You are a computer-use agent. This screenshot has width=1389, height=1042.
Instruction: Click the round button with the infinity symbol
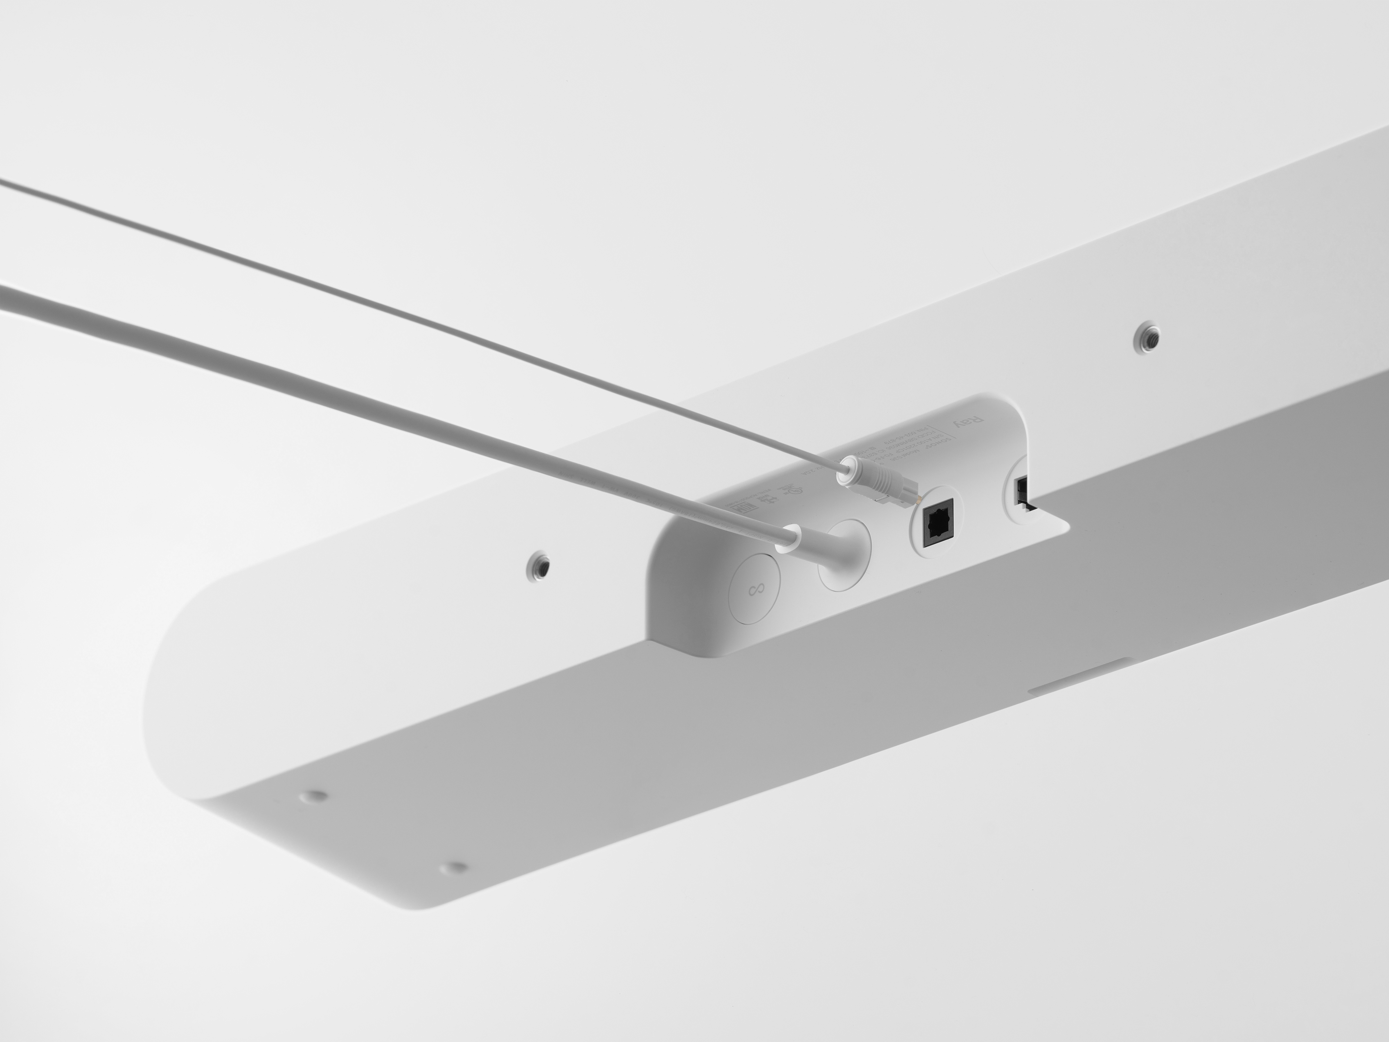click(x=755, y=590)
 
